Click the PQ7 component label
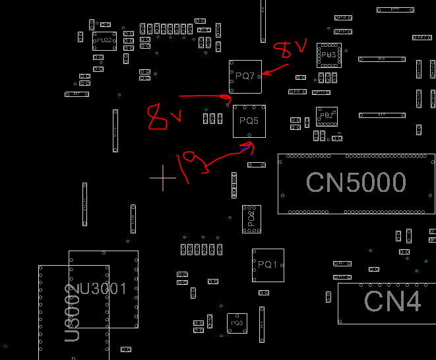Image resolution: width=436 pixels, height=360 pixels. (245, 76)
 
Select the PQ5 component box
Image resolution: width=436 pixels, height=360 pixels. (249, 121)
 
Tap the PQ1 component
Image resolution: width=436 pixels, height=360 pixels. (268, 265)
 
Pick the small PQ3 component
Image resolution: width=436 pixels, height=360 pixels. (236, 323)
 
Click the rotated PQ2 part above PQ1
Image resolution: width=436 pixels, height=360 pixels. (251, 219)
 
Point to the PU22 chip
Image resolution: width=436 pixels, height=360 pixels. (104, 41)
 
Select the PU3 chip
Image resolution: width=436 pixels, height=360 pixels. (328, 55)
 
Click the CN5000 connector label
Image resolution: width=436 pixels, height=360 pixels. (356, 183)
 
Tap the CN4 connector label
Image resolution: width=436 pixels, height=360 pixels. (392, 301)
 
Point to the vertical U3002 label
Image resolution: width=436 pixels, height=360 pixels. (73, 313)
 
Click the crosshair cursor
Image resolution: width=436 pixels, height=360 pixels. (163, 178)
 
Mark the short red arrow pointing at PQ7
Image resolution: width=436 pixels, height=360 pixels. (276, 68)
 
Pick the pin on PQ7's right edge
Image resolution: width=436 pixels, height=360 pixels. (259, 76)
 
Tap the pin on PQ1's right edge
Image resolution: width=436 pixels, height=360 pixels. (281, 265)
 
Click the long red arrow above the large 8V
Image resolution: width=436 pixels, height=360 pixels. (204, 97)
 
